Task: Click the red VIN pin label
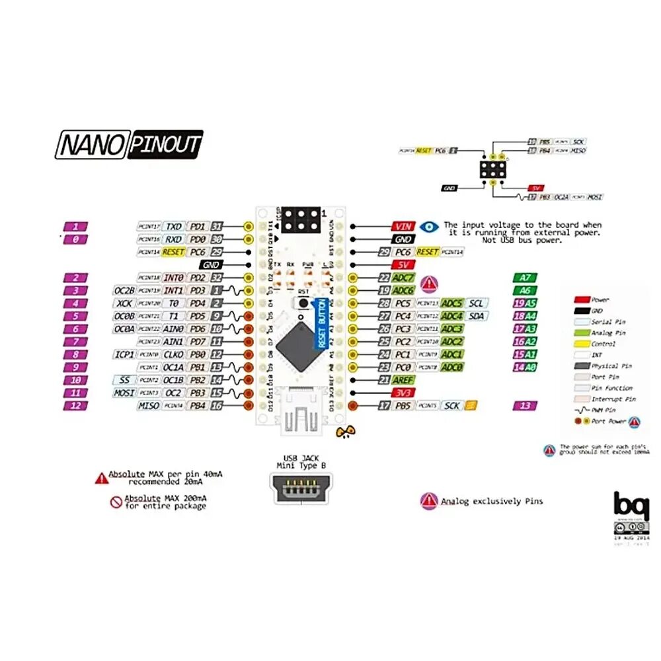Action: (x=403, y=227)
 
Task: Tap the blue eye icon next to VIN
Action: (x=430, y=227)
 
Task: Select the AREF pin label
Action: (x=403, y=380)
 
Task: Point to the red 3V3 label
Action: (x=403, y=393)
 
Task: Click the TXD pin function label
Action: (x=173, y=227)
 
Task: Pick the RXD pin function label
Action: (x=173, y=239)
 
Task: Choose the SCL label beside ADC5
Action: (x=475, y=303)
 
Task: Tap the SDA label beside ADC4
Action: (x=475, y=316)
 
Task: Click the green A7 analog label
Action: (x=525, y=278)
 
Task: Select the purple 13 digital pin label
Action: (x=525, y=406)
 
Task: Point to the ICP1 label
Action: (x=125, y=354)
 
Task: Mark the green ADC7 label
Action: (x=403, y=278)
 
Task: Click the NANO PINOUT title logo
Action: (x=129, y=144)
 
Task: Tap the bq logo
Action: (x=627, y=506)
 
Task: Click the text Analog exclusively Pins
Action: (x=492, y=502)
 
